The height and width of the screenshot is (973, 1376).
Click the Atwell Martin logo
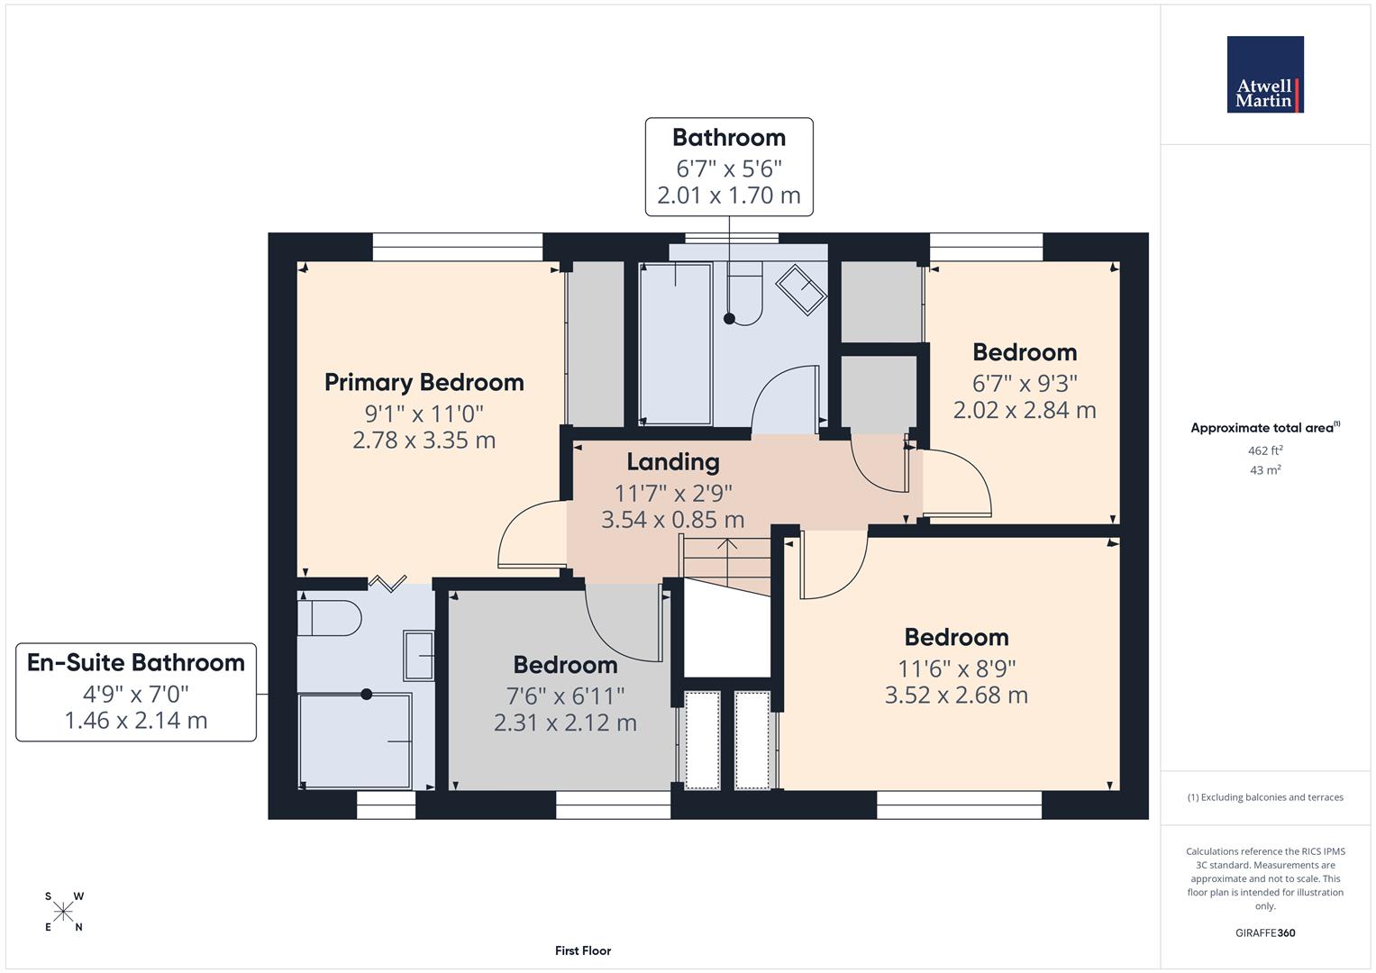click(x=1264, y=75)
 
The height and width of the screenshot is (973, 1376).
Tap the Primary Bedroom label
click(x=424, y=383)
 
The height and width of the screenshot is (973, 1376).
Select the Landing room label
click(x=673, y=462)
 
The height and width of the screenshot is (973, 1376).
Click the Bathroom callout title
click(x=729, y=138)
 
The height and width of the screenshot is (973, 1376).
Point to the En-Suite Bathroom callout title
click(x=136, y=663)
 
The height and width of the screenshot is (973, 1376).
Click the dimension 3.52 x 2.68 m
click(x=956, y=696)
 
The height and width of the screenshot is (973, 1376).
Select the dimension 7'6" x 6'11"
click(x=565, y=696)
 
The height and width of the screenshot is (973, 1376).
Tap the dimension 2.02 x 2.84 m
click(x=1025, y=411)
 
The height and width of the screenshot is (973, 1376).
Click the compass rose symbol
click(x=63, y=912)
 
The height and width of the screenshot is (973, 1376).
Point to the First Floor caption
click(x=583, y=950)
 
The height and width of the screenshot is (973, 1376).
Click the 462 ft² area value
click(x=1265, y=450)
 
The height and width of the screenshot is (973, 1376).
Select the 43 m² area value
click(x=1265, y=470)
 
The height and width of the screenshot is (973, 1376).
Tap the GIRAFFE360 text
click(x=1265, y=933)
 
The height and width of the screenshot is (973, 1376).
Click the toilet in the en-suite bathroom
click(x=329, y=618)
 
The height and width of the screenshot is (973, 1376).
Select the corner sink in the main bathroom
click(x=801, y=289)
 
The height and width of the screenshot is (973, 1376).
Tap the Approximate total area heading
click(x=1265, y=428)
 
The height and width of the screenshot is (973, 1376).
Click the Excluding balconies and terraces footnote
click(x=1265, y=797)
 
